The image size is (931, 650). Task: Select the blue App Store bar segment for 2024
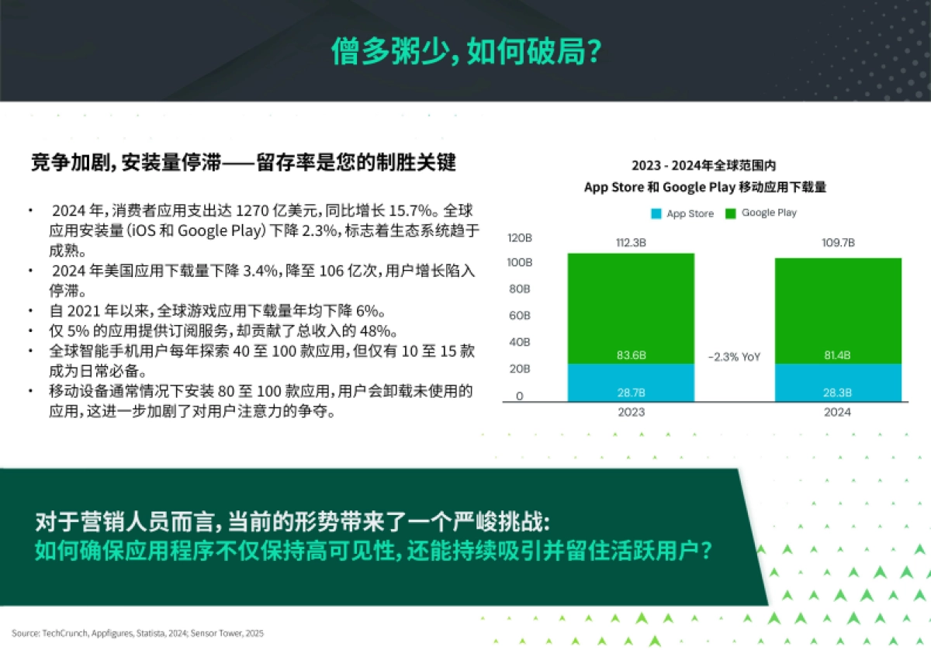click(x=839, y=382)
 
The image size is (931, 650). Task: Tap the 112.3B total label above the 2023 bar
click(x=631, y=243)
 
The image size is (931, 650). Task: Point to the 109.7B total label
click(x=839, y=243)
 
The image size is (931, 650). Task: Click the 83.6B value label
click(x=631, y=355)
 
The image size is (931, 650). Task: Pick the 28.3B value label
click(x=839, y=392)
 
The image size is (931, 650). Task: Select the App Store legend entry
click(x=682, y=213)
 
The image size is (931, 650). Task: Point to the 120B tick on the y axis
click(x=519, y=237)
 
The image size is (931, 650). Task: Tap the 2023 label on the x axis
click(x=631, y=412)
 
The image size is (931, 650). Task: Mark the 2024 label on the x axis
click(x=839, y=412)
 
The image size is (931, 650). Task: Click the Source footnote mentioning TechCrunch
click(x=137, y=633)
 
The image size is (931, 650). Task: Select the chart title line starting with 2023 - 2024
click(x=704, y=165)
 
